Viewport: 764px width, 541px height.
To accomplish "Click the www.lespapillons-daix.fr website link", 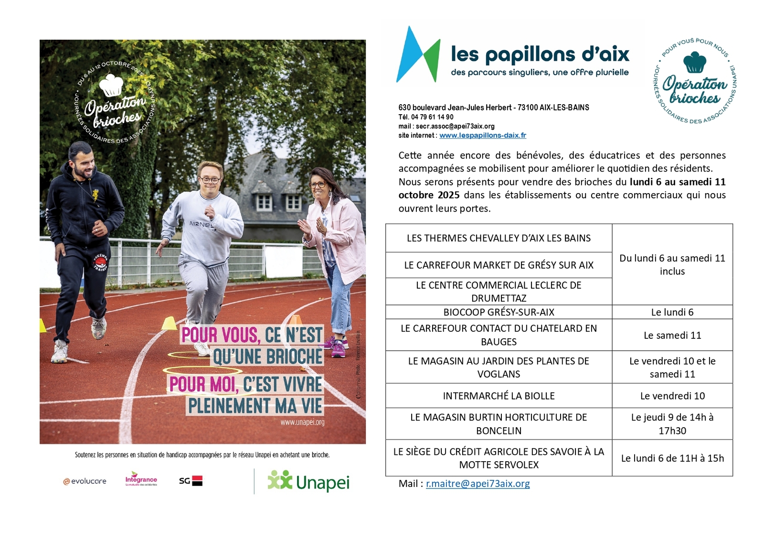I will pos(482,135).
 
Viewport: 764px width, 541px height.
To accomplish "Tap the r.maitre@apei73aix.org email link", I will pos(477,483).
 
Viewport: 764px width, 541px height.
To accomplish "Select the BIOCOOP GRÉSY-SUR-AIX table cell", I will pos(499,312).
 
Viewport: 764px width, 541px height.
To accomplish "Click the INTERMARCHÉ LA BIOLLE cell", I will pos(499,396).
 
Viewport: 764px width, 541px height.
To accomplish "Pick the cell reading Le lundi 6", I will pos(672,312).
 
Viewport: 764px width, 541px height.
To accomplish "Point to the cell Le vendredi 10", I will pos(672,396).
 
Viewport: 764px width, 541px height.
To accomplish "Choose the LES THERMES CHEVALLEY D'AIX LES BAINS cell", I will pos(499,238).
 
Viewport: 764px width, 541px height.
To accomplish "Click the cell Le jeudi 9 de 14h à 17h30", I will pos(672,423).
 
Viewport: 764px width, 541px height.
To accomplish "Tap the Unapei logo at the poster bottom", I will pos(308,482).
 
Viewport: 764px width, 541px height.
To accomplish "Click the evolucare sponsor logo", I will pos(85,481).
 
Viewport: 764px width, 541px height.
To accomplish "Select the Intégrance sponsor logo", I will pos(141,479).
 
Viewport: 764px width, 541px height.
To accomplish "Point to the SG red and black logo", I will pos(191,481).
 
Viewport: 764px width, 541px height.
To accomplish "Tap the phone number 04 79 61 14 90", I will pos(432,117).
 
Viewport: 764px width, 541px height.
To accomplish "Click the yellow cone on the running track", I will pos(169,324).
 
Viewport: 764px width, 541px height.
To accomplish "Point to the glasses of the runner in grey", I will pos(210,180).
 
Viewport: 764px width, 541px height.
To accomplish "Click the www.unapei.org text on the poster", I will pos(302,422).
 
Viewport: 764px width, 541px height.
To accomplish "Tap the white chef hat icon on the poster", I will pos(111,86).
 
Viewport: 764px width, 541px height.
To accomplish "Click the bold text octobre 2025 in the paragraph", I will pos(429,195).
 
